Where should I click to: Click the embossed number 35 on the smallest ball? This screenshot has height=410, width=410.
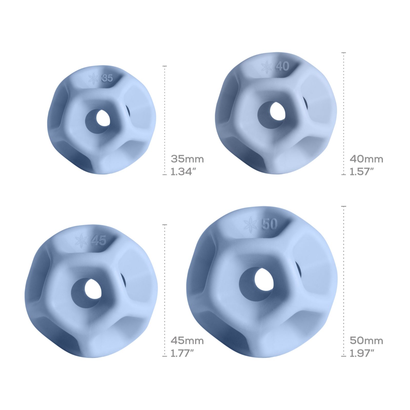pyautogui.click(x=107, y=78)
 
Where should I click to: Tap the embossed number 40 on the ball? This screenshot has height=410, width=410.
pyautogui.click(x=282, y=66)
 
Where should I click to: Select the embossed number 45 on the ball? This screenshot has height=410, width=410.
pyautogui.click(x=99, y=240)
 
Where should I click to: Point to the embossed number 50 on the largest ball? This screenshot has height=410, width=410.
pyautogui.click(x=270, y=224)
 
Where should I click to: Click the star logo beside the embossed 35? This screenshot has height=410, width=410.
pyautogui.click(x=93, y=78)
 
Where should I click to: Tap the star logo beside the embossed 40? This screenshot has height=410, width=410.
pyautogui.click(x=267, y=67)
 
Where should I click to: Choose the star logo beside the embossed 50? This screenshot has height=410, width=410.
pyautogui.click(x=251, y=225)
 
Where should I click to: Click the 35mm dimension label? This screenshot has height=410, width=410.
pyautogui.click(x=187, y=159)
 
